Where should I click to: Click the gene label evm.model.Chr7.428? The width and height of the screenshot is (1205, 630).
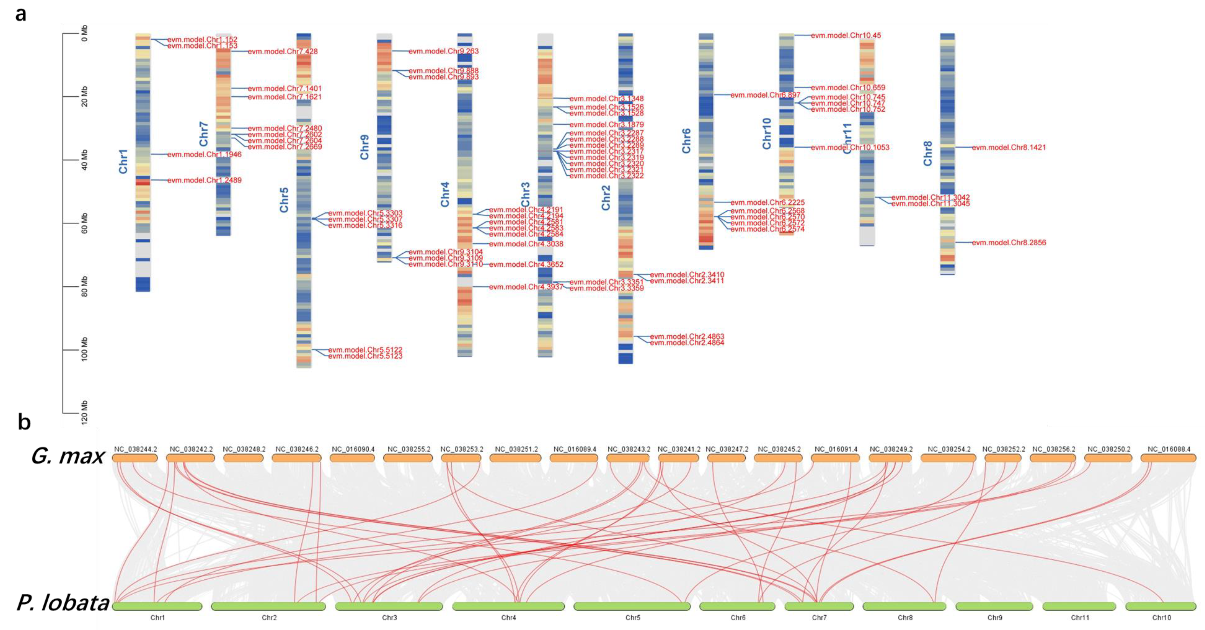(282, 51)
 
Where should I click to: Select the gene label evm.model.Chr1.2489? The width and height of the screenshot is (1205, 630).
(204, 180)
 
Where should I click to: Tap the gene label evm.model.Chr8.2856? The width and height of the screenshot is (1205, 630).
(1009, 242)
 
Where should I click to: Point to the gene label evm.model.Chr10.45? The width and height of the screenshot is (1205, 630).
(846, 36)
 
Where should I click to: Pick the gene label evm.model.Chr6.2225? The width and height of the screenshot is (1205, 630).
(767, 203)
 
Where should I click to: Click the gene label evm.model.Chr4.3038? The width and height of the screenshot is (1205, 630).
(526, 244)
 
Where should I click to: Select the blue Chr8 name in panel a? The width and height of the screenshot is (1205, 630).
(928, 153)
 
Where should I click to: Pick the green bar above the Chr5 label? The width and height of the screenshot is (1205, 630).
(632, 607)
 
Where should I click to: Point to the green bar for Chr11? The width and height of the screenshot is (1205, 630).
(1079, 607)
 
